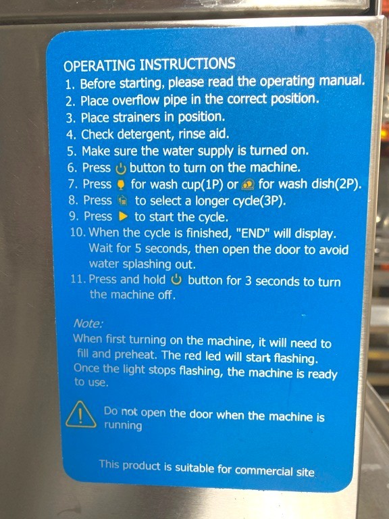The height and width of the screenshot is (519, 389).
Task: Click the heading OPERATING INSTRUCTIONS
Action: point(149,64)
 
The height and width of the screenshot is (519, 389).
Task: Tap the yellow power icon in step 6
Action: point(121,169)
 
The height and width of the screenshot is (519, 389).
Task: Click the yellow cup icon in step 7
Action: point(122,185)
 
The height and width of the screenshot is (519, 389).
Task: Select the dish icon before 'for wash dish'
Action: point(248,184)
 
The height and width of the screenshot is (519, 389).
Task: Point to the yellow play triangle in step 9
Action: point(123,217)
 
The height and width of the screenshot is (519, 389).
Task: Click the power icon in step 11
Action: point(177,280)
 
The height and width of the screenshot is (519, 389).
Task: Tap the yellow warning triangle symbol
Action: point(81,415)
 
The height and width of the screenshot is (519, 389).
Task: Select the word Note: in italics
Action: point(88,323)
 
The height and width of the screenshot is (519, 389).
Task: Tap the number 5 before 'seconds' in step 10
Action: point(138,249)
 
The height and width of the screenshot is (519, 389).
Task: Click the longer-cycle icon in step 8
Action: point(123,201)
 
